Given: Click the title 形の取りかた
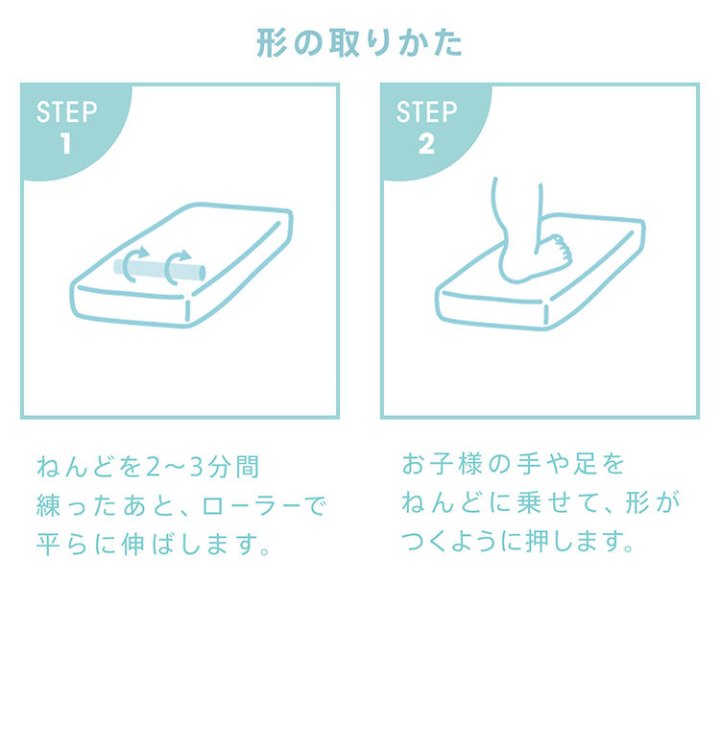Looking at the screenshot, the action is [359, 43].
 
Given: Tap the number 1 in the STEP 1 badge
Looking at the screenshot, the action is [66, 143].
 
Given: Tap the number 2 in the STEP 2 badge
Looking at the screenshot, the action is [426, 143].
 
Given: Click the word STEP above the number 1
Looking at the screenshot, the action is [66, 111].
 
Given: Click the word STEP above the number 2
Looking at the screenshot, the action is [427, 111].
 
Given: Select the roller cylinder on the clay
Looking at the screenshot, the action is [159, 269].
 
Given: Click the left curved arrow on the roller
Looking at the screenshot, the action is [133, 264].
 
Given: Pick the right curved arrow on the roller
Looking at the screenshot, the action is [176, 267].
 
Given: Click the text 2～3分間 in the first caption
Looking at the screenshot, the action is [202, 467].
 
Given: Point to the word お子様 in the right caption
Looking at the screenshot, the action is [443, 464].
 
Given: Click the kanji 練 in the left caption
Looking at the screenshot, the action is [48, 505].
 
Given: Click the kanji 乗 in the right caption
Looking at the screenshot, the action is [528, 502].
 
